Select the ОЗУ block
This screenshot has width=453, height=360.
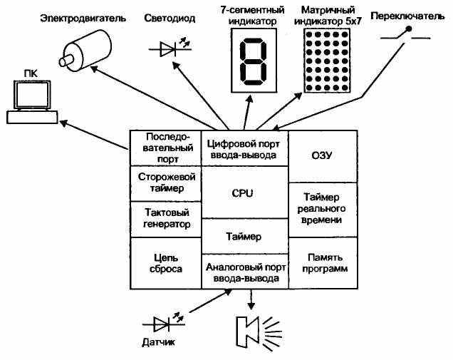click(323, 156)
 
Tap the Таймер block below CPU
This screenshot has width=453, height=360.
click(245, 236)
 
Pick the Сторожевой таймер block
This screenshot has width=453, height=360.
click(166, 183)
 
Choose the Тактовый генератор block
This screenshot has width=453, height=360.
click(166, 219)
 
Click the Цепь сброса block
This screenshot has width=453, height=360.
click(166, 263)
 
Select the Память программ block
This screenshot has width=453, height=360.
click(323, 263)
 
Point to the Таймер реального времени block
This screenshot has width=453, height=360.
click(323, 210)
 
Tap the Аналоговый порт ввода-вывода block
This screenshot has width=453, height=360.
click(245, 272)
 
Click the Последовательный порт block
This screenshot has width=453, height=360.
click(166, 148)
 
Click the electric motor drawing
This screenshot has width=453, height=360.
click(85, 51)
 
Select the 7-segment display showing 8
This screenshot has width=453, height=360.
click(254, 61)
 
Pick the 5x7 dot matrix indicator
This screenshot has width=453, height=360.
click(327, 61)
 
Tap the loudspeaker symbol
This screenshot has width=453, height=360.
click(257, 333)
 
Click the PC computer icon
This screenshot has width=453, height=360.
click(32, 103)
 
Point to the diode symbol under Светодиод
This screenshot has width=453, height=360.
click(170, 47)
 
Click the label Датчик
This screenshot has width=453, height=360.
click(159, 342)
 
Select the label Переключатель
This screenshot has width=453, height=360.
click(407, 16)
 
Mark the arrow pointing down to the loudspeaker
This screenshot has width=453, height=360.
click(251, 299)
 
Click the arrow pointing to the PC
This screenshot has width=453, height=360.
click(94, 135)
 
